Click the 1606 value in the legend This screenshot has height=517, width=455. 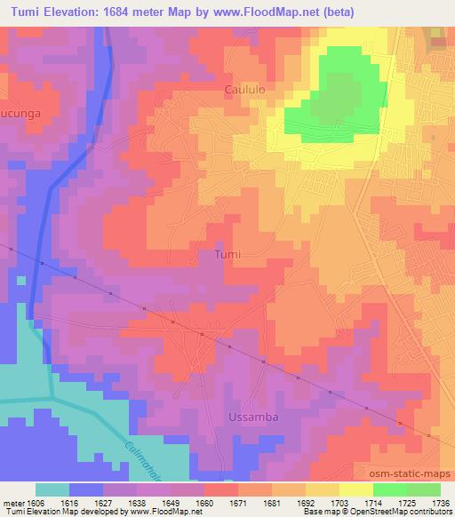35,502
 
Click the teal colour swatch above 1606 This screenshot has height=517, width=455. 52,489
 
